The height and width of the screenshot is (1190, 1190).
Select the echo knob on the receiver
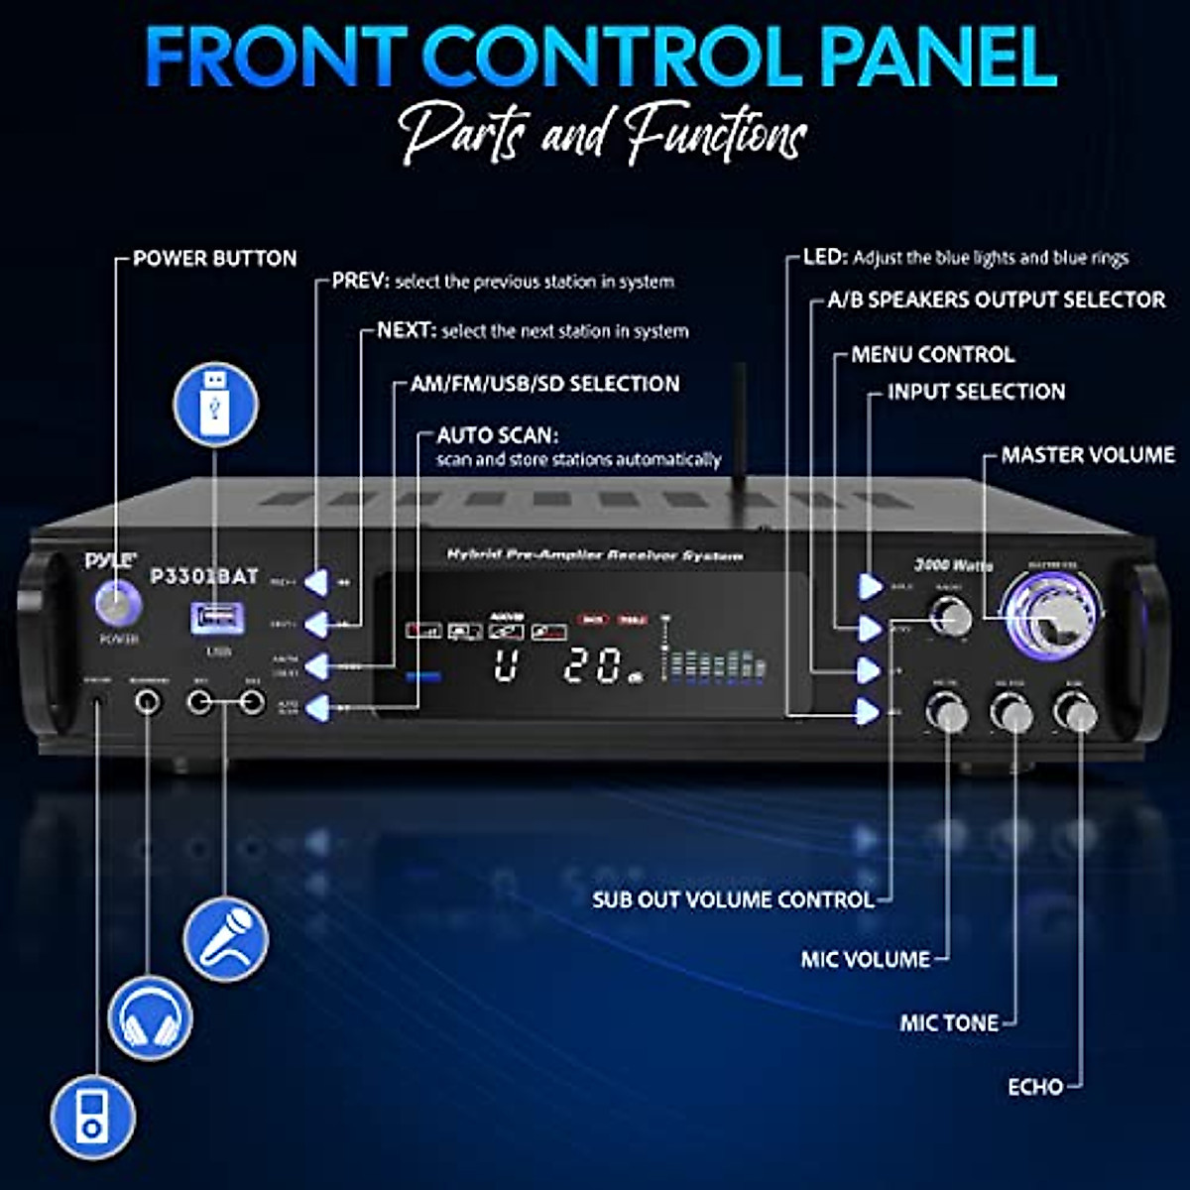point(1076,712)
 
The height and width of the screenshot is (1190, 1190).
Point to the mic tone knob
point(1011,712)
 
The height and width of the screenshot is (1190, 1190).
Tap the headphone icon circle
point(149,1017)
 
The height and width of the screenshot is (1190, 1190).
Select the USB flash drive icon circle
point(215,403)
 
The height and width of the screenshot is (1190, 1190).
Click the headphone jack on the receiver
point(149,702)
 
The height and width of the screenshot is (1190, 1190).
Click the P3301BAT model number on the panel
point(204,576)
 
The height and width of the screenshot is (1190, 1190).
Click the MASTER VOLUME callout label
point(1087,455)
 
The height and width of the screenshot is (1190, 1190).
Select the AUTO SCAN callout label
point(497,435)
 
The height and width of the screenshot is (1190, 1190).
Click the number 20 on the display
point(593,666)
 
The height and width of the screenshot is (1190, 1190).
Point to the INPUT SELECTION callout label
point(976,392)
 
